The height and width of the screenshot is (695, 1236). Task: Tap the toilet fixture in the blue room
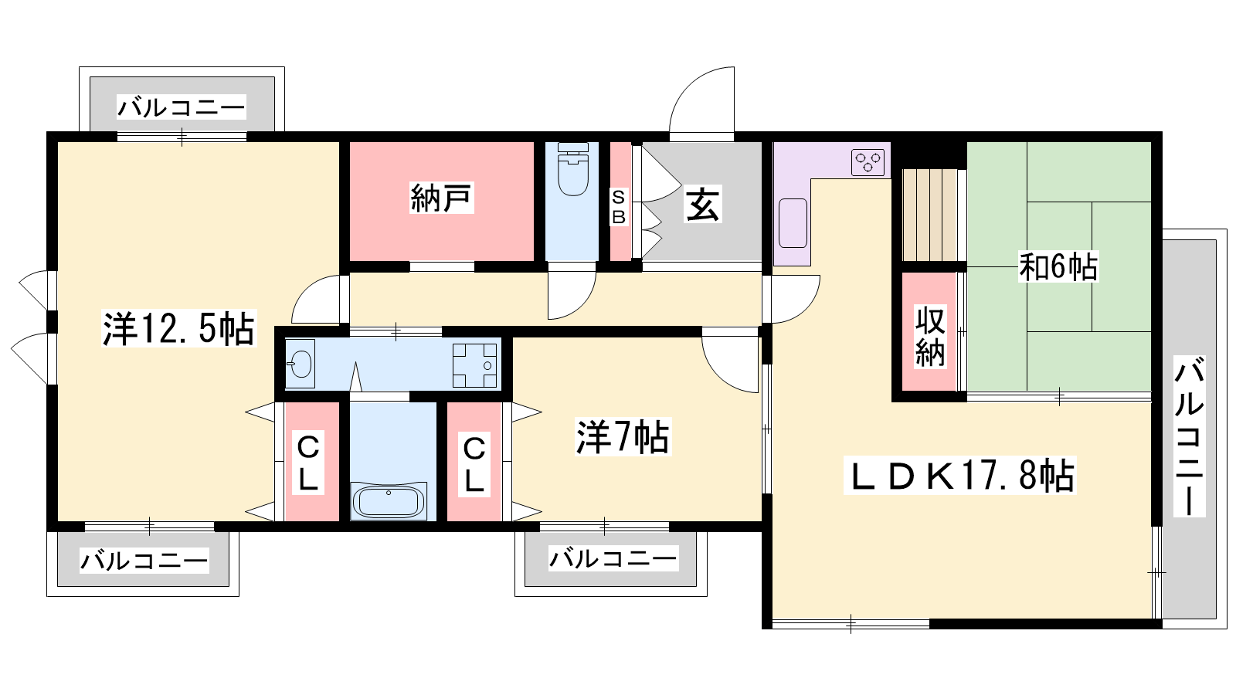click(x=572, y=169)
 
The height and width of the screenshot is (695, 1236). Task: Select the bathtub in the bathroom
click(x=389, y=501)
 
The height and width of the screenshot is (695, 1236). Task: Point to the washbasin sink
click(x=301, y=364)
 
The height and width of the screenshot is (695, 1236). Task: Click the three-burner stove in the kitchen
click(x=868, y=162)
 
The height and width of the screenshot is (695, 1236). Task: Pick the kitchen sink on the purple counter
click(x=793, y=223)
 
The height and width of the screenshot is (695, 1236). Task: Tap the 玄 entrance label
click(x=702, y=205)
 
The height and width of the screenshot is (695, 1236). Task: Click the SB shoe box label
click(x=619, y=207)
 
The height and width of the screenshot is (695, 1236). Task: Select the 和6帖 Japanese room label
click(x=1058, y=267)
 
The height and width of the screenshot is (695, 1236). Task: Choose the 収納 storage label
click(x=930, y=337)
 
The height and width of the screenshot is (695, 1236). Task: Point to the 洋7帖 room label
click(x=623, y=437)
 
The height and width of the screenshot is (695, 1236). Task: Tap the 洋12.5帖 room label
click(x=178, y=329)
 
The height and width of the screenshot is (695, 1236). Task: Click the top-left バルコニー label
click(x=181, y=107)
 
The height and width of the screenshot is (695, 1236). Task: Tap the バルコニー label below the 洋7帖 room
click(x=613, y=559)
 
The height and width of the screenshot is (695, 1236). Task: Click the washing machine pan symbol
click(x=474, y=365)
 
